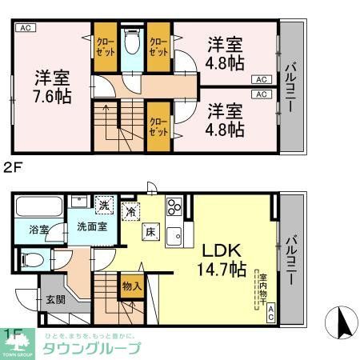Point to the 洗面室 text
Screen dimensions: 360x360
pyautogui.click(x=92, y=227)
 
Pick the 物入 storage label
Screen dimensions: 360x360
pyautogui.click(x=132, y=285)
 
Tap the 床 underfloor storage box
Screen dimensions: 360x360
pyautogui.click(x=149, y=233)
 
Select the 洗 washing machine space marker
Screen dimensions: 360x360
pyautogui.click(x=104, y=205)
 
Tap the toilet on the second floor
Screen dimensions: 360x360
pyautogui.click(x=133, y=41)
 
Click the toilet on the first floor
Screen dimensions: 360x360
pyautogui.click(x=34, y=259)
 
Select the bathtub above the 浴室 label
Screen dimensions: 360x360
pyautogui.click(x=41, y=206)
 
